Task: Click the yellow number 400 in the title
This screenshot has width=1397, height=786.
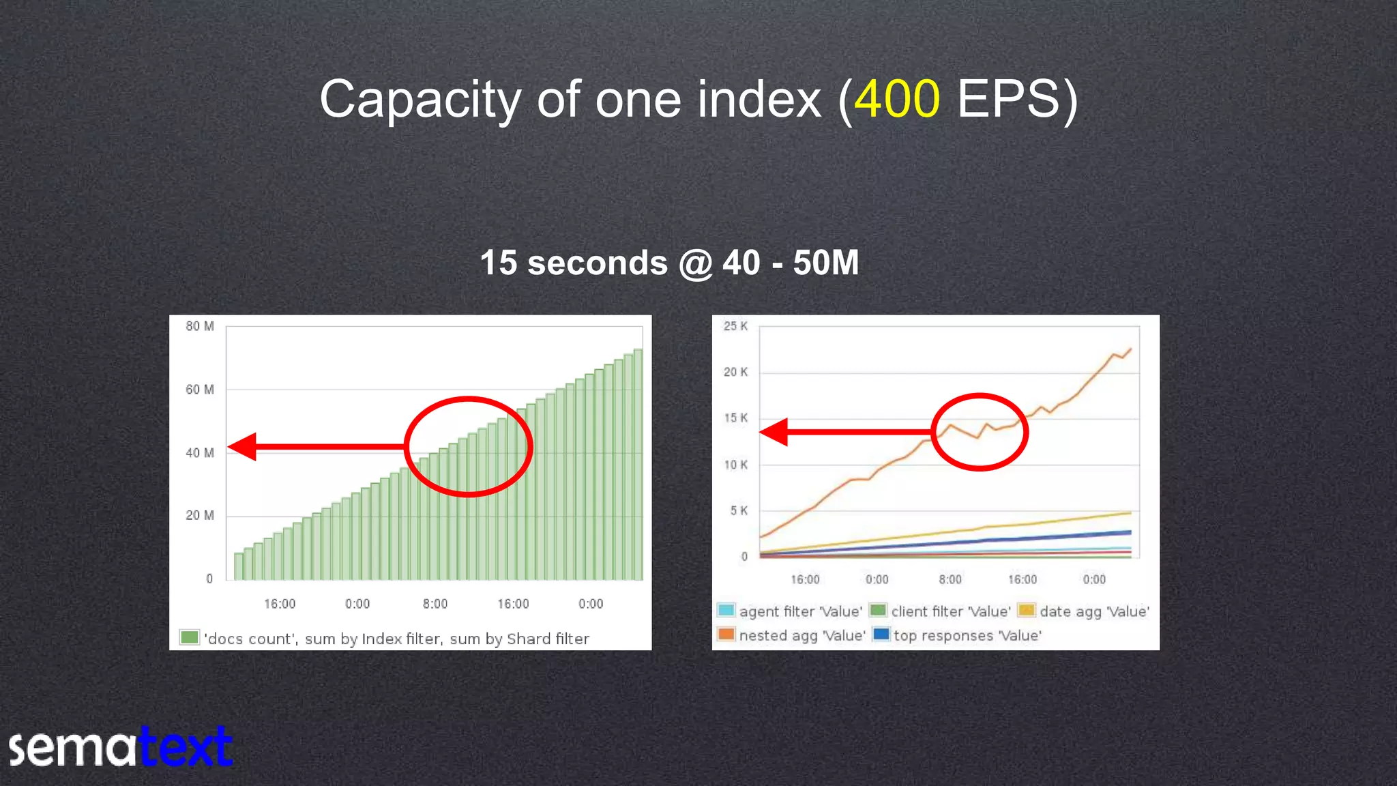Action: point(897,100)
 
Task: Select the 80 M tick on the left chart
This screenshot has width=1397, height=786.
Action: point(199,326)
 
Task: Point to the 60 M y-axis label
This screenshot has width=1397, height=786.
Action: point(199,390)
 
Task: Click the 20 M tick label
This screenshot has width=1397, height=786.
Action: point(199,516)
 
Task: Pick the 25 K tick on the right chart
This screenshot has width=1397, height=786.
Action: point(735,326)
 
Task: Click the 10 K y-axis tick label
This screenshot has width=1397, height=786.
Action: point(735,465)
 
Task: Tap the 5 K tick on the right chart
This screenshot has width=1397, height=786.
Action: point(739,510)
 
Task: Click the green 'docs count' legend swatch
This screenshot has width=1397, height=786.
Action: point(189,637)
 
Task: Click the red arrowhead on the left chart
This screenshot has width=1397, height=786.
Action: point(243,447)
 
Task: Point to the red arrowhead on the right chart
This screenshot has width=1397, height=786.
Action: point(775,432)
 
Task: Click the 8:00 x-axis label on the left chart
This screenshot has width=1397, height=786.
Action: point(435,604)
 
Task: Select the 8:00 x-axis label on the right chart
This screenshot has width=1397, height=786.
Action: point(950,579)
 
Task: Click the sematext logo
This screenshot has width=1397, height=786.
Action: point(120,747)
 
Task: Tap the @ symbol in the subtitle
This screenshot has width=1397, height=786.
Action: point(695,263)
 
